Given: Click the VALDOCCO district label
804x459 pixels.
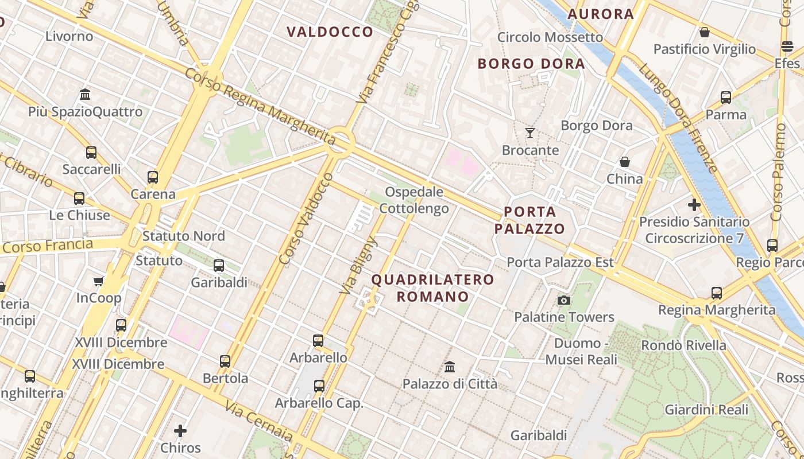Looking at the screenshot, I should (330, 32).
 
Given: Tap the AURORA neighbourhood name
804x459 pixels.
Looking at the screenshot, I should (601, 14).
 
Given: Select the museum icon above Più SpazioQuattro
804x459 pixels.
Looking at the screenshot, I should (85, 94).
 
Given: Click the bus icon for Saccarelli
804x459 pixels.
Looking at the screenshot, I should (91, 153).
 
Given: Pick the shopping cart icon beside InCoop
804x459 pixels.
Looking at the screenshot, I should (99, 281).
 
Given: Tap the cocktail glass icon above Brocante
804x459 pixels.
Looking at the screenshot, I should (530, 133).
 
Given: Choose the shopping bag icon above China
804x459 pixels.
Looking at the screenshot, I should (625, 162).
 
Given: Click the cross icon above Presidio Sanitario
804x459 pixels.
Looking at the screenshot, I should (694, 204).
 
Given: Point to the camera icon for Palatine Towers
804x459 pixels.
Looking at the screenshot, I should (564, 300).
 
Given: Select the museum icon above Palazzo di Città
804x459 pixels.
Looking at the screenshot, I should (450, 367).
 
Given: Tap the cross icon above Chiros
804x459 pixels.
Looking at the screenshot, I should (180, 430).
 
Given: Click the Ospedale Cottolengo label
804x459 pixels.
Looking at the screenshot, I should (416, 200).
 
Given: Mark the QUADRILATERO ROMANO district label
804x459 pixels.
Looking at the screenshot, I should (432, 288).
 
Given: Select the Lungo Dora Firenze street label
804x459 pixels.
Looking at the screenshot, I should (678, 118).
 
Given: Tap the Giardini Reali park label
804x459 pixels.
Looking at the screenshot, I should (706, 410).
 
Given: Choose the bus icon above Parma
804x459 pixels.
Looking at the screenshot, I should (726, 98).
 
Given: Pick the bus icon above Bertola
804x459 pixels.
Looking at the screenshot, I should (225, 361).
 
